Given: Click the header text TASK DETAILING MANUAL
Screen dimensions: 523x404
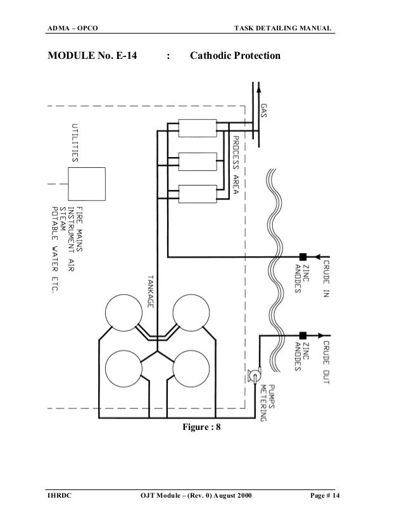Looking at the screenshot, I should click(x=283, y=27).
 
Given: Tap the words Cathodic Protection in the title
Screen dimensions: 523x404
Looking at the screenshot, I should click(x=235, y=56).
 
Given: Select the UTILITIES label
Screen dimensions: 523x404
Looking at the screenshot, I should click(x=74, y=142).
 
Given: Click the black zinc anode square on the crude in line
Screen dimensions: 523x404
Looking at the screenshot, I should click(x=303, y=256).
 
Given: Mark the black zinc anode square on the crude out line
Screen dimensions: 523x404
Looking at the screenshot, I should click(x=303, y=335).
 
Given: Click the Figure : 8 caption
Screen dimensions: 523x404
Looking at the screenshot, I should click(x=201, y=427).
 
